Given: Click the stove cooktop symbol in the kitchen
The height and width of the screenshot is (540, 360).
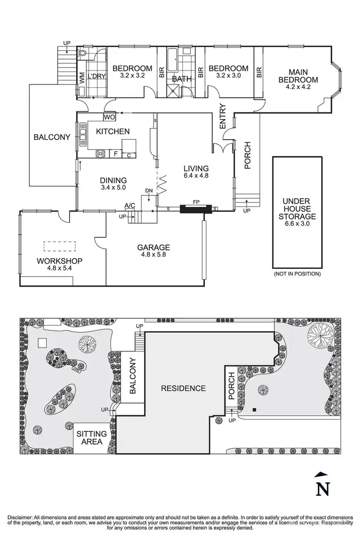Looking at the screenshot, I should [x=102, y=154].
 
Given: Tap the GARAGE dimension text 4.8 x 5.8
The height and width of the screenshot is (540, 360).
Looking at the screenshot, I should [x=154, y=256].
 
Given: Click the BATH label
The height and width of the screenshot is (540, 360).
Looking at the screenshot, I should [x=182, y=79].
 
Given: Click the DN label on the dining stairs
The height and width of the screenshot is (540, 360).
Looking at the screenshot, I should [x=149, y=191].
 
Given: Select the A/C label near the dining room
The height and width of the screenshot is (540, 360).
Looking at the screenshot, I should [x=130, y=206].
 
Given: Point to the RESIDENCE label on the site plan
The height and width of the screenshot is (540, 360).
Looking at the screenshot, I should [x=183, y=388].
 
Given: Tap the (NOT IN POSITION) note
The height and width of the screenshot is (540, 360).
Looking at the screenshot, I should [x=297, y=274].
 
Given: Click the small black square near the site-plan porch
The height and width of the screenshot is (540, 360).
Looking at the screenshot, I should [x=255, y=409].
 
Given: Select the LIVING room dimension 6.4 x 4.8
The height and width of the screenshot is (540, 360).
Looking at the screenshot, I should [x=196, y=176].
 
